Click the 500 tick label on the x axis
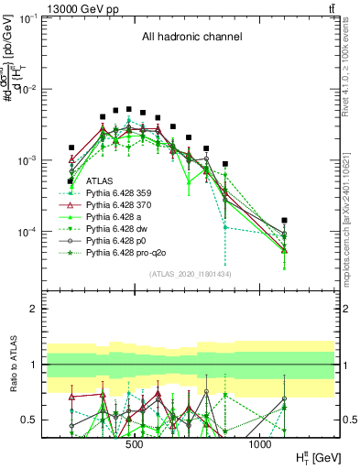134,445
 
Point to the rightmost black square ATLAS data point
285,221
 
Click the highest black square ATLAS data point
129,108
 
